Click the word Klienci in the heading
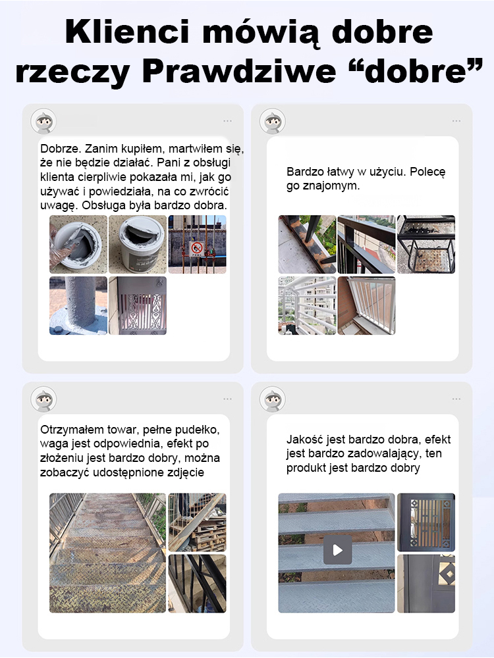coord(128,32)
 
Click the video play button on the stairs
coord(337,549)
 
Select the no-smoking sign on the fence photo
coord(196,249)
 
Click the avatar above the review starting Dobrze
coord(43,121)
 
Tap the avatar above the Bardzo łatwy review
coord(273,121)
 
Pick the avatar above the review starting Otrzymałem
coord(43,399)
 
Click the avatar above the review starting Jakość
coord(273,399)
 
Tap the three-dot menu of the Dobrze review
coord(228,121)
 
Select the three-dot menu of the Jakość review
coord(456,399)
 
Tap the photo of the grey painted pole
coord(78,305)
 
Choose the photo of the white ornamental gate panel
coord(138,305)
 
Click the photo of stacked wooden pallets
coord(198,522)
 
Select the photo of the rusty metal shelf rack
coord(426,244)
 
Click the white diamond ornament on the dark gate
coord(449,574)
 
